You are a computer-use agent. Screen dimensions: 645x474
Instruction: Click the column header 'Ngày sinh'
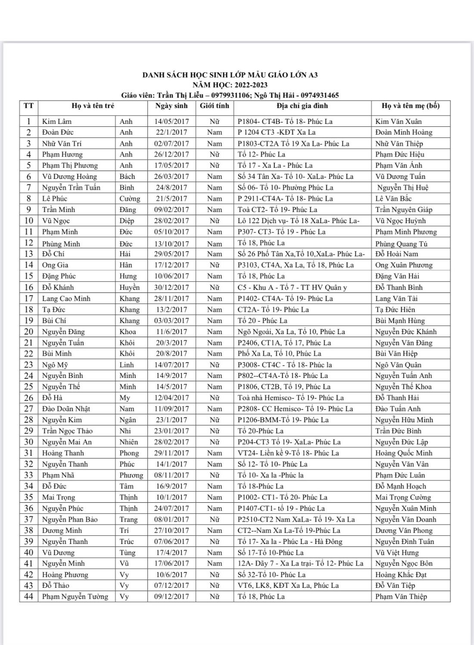coord(171,106)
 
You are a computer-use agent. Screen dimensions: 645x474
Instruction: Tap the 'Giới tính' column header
coord(214,106)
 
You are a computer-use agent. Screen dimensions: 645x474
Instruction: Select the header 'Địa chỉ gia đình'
coord(302,106)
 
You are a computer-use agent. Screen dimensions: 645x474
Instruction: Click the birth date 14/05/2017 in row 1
coord(171,122)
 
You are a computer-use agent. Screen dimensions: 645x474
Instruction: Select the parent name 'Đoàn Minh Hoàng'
coord(403,132)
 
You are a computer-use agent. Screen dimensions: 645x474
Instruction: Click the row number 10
coord(29,221)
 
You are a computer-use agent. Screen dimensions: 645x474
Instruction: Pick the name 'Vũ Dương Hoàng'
coord(69,177)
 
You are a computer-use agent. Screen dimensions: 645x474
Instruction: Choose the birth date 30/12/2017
coord(171,287)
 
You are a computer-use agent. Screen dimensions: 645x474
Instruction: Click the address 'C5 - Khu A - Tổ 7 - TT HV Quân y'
coord(292,287)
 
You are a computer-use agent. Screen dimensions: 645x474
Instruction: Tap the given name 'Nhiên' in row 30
coord(129,442)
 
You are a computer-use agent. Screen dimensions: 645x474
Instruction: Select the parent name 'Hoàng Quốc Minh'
coord(403,453)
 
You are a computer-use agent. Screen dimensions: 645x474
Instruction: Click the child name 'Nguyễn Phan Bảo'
coord(70,519)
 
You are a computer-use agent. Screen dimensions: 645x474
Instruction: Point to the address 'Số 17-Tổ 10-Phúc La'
coord(270,553)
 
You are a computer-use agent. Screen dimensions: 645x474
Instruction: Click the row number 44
coord(29,597)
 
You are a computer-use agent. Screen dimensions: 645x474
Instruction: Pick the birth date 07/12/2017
coord(171,586)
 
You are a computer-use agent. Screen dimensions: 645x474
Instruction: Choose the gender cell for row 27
coord(214,409)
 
